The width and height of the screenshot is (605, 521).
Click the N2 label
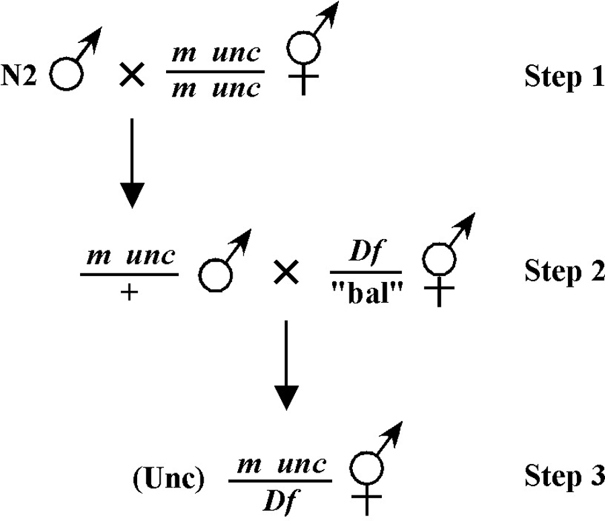(x=19, y=75)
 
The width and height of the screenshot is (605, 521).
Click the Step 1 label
(x=565, y=77)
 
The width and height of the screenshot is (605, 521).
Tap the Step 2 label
(x=565, y=271)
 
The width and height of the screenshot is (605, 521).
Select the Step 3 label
(x=565, y=476)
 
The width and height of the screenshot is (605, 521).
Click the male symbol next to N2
(x=67, y=74)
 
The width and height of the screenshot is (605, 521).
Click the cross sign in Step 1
(x=132, y=75)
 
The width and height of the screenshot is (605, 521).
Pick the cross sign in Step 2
(x=286, y=272)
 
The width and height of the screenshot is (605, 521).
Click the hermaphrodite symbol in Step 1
(x=304, y=49)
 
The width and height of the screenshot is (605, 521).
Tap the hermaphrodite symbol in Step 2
(x=440, y=259)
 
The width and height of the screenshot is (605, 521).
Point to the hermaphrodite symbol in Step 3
(x=366, y=469)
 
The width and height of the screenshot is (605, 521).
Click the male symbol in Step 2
(x=216, y=275)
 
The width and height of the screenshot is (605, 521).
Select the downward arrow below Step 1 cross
(x=132, y=163)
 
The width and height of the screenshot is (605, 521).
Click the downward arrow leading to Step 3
(x=286, y=365)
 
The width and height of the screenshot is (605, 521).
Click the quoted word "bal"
(x=367, y=295)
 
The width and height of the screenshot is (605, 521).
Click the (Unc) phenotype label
(x=169, y=479)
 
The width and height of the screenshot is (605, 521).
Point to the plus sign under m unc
(x=129, y=293)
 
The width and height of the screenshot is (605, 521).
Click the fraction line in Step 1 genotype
(x=215, y=72)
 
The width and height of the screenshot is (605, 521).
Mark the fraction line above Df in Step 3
(x=280, y=481)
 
